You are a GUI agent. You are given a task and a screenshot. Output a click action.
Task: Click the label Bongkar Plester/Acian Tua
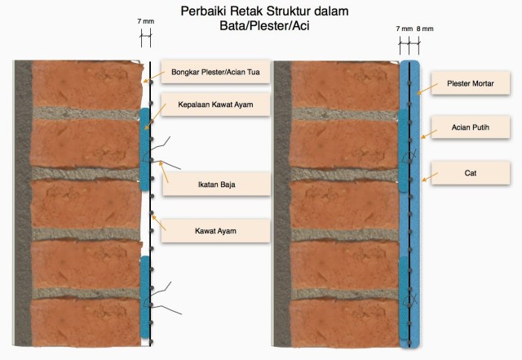pyautogui.click(x=215, y=71)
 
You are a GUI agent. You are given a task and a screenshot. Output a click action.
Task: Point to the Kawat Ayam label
pyautogui.click(x=215, y=231)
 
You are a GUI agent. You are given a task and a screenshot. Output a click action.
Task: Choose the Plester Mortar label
pyautogui.click(x=469, y=82)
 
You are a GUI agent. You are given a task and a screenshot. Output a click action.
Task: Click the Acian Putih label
pyautogui.click(x=469, y=127)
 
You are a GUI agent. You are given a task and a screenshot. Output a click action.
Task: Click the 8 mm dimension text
pyautogui.click(x=425, y=28)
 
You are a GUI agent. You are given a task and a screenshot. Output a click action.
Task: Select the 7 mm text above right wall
pyautogui.click(x=404, y=28)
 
